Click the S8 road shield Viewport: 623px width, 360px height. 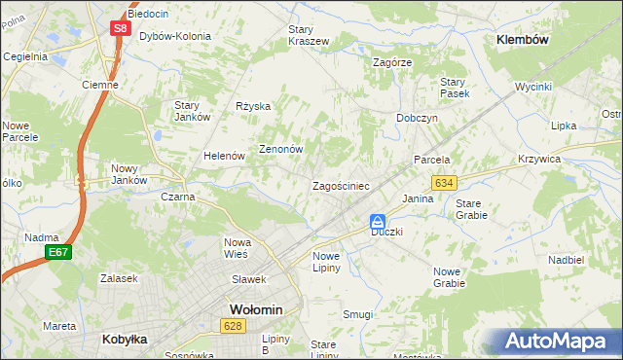(118, 28)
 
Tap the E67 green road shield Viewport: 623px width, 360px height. (58, 252)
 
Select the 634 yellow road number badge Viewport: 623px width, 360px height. (445, 183)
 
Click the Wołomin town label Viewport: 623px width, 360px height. (255, 309)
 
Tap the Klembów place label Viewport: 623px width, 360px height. (523, 40)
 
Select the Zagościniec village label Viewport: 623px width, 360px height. (340, 185)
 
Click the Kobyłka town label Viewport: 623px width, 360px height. (125, 340)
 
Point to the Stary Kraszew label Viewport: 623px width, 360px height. (308, 35)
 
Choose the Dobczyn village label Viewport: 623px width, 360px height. (417, 117)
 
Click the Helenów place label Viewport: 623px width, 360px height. (223, 156)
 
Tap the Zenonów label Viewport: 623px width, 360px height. (281, 150)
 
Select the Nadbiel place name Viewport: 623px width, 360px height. (566, 260)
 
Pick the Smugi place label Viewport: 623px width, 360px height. (358, 314)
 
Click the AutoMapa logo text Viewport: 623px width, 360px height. (558, 342)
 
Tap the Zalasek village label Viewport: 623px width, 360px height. (118, 278)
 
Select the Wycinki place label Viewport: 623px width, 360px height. (533, 87)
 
